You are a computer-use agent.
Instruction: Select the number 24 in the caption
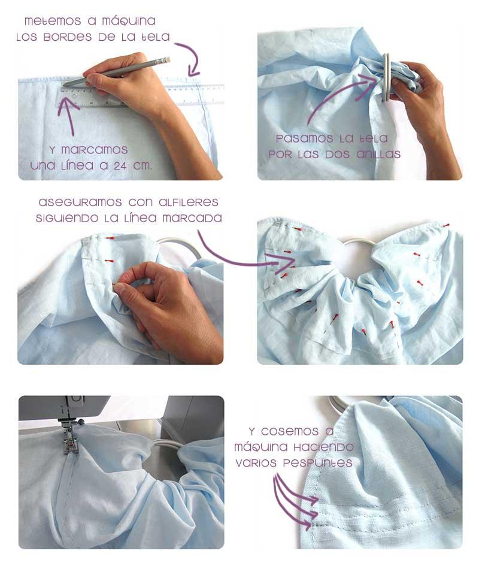121,166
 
